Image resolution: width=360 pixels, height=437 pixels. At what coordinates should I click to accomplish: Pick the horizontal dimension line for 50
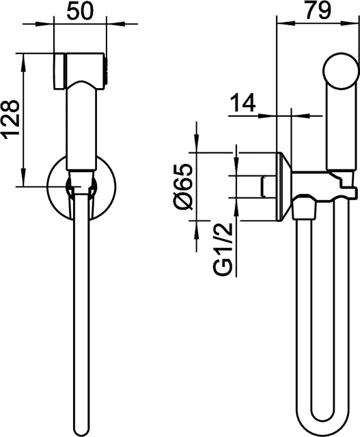tap(80, 25)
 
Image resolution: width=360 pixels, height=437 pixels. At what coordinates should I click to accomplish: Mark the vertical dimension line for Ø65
tap(195, 184)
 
